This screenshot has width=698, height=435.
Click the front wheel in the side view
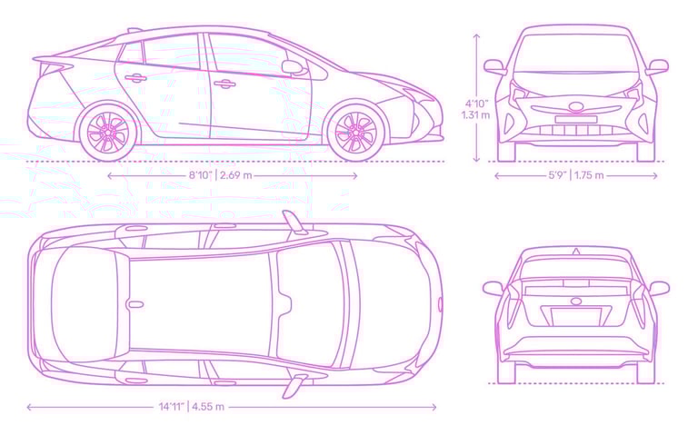[x=355, y=133]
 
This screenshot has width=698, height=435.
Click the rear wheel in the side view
[x=109, y=133]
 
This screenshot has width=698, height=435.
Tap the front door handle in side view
[x=224, y=84]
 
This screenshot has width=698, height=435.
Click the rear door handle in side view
[x=136, y=78]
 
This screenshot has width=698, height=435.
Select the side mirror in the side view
[x=292, y=66]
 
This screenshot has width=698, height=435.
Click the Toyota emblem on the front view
[x=575, y=107]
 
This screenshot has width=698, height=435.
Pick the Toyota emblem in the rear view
[x=575, y=302]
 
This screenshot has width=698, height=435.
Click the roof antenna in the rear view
[x=575, y=251]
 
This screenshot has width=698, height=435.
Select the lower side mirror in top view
[x=292, y=386]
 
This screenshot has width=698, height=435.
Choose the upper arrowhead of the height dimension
[x=476, y=34]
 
